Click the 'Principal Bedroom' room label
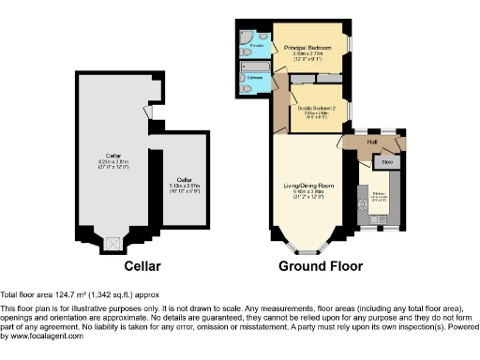(308, 50)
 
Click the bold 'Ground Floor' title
(320, 266)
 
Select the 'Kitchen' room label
(380, 197)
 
